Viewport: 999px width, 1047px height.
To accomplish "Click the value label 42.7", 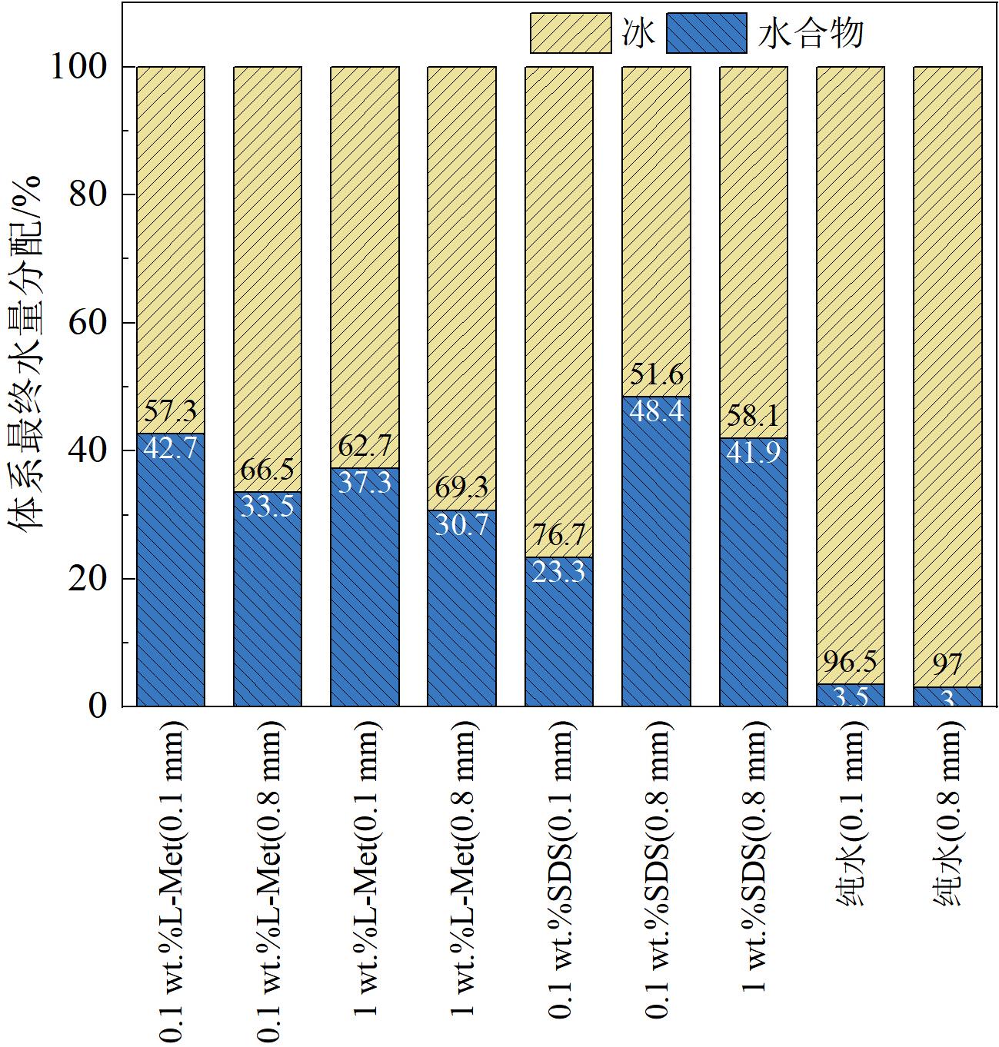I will click(171, 448).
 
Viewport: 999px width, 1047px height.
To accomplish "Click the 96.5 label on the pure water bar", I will click(850, 661).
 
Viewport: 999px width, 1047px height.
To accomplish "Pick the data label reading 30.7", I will click(462, 524).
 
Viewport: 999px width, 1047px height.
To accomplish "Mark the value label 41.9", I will click(753, 452).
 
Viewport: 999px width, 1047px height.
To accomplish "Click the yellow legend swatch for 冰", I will click(570, 34).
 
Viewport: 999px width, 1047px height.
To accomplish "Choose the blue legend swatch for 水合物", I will click(706, 34).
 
